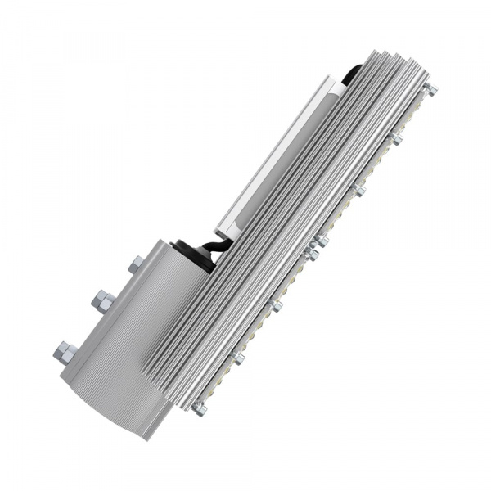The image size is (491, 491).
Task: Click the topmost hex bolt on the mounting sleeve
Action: [x=136, y=264]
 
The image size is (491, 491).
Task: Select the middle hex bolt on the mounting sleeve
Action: [x=103, y=301]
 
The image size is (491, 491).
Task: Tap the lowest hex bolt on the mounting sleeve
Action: [x=65, y=353]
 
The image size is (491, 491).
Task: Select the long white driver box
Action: [x=278, y=155]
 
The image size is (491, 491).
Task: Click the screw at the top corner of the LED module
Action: [x=430, y=89]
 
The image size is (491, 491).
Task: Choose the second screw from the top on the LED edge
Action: [x=396, y=138]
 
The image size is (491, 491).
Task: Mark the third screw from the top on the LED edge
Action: [x=359, y=191]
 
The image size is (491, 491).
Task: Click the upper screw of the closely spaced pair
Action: [x=321, y=241]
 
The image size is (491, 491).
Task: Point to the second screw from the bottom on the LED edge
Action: [x=238, y=358]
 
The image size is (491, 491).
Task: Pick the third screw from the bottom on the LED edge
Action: [x=276, y=305]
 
